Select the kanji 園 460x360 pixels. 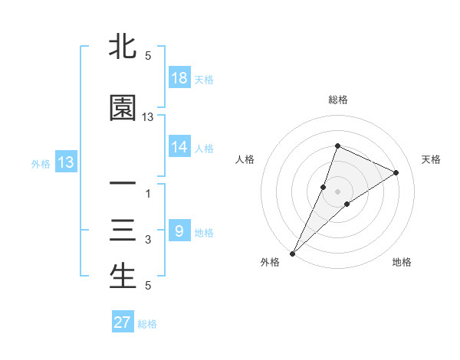pyautogui.click(x=123, y=108)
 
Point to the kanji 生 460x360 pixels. pyautogui.click(x=123, y=277)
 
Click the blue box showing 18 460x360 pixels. pyautogui.click(x=179, y=78)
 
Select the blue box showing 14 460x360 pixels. pyautogui.click(x=179, y=147)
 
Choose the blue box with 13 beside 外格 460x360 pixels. pyautogui.click(x=65, y=162)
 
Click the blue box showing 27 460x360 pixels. pyautogui.click(x=123, y=322)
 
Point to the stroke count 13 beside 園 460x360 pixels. pyautogui.click(x=148, y=117)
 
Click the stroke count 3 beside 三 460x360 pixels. pyautogui.click(x=148, y=241)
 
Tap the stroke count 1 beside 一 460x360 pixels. pyautogui.click(x=148, y=194)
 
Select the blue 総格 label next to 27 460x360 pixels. pyautogui.click(x=148, y=324)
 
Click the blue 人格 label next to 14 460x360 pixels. pyautogui.click(x=204, y=149)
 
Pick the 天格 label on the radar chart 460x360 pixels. pyautogui.click(x=432, y=159)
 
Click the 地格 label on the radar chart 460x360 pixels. pyautogui.click(x=402, y=262)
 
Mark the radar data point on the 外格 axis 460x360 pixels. pyautogui.click(x=293, y=253)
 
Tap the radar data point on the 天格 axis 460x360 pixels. pyautogui.click(x=396, y=172)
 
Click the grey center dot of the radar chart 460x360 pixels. pyautogui.click(x=337, y=191)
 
